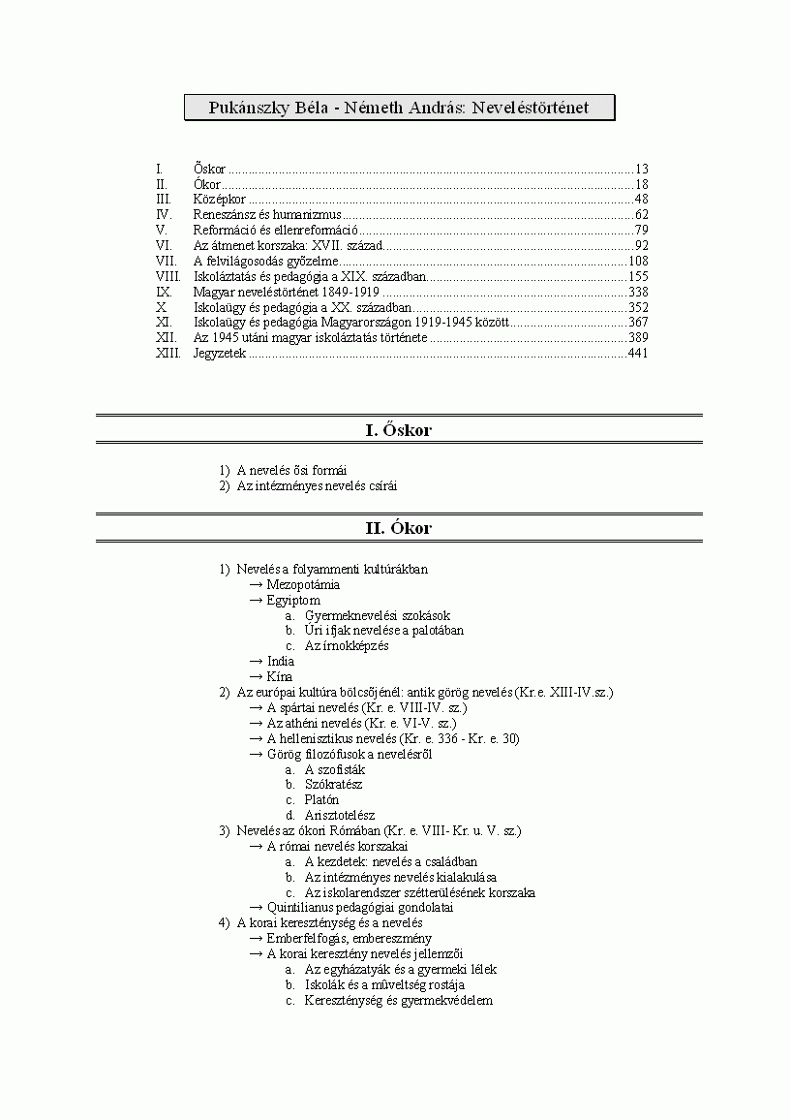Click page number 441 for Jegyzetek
[637, 354]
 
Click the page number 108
[637, 261]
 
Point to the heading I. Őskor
[398, 430]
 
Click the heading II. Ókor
[398, 528]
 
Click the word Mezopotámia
[303, 584]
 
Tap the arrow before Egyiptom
[256, 600]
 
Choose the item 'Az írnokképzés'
[347, 645]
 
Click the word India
[281, 661]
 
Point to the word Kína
[279, 676]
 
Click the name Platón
[321, 800]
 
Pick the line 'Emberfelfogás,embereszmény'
[349, 939]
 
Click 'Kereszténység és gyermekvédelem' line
[398, 1001]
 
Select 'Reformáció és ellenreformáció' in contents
[276, 230]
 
